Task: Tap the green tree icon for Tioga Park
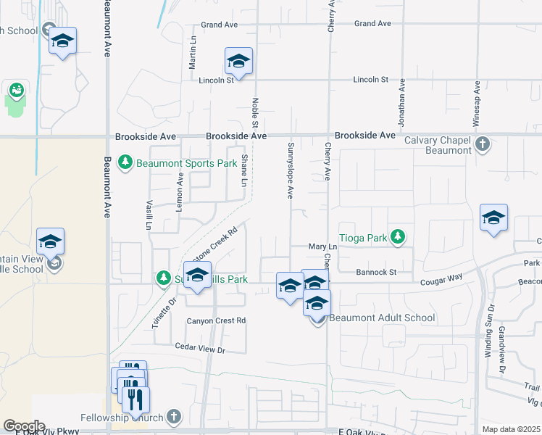(x=397, y=236)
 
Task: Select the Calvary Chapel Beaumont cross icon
(x=483, y=144)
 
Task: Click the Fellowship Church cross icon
(x=172, y=416)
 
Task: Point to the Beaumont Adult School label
(x=383, y=318)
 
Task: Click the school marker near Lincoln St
(x=238, y=62)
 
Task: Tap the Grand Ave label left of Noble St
(x=220, y=25)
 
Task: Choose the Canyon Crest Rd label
(x=217, y=320)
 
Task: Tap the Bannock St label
(x=376, y=273)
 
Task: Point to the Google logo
(x=23, y=426)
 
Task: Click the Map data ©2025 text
(x=511, y=429)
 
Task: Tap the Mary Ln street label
(x=319, y=247)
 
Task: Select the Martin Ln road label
(x=193, y=53)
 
